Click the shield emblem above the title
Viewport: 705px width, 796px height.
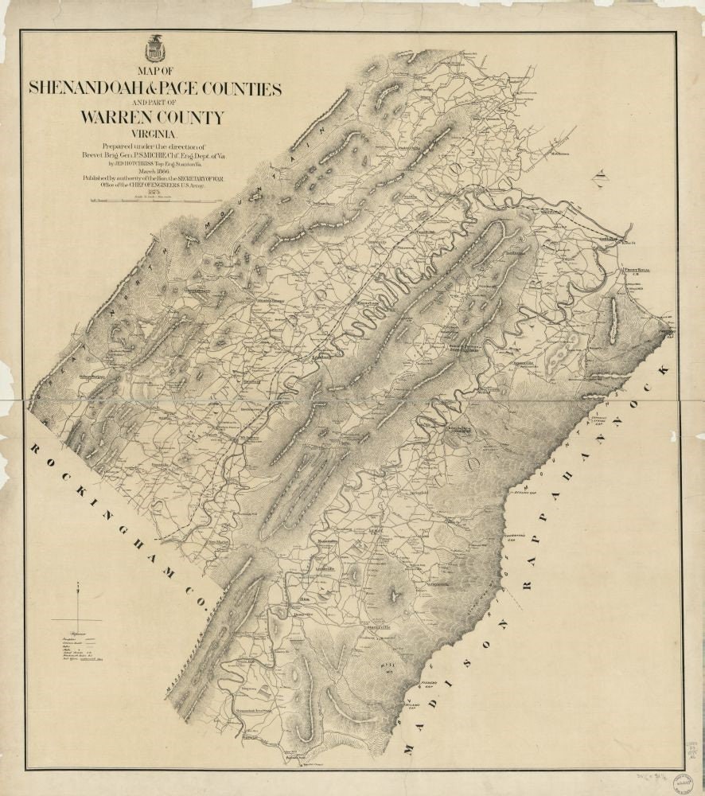pos(154,50)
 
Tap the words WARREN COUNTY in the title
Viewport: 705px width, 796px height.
pos(152,118)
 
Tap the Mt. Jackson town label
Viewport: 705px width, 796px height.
pos(250,437)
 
